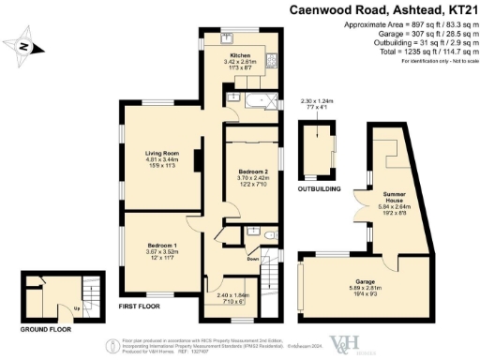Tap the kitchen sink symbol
(229, 39)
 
